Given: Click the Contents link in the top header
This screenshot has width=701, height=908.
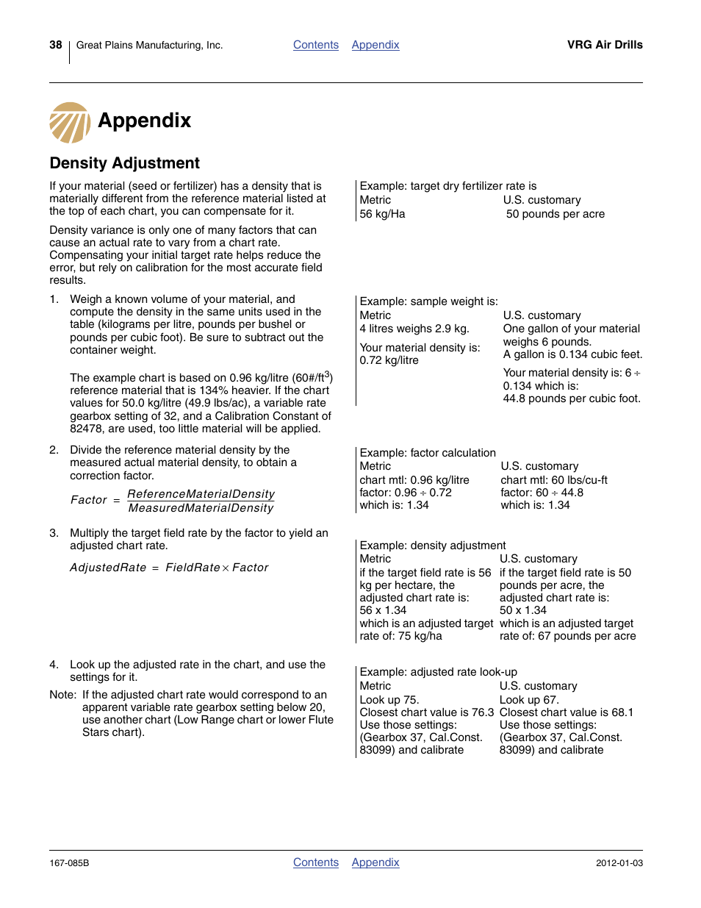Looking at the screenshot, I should pos(315,45).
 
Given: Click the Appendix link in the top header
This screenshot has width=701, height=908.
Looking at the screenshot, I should pos(375,45).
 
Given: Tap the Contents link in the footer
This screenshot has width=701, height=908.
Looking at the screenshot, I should pos(315,862).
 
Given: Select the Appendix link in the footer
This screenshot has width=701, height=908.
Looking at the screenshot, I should pos(375,862).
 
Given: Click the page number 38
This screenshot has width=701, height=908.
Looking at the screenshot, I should pos(56,45).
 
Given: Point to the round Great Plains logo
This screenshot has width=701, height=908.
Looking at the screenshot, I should pos(70,123).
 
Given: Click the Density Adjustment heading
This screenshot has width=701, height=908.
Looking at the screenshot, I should pos(124,163).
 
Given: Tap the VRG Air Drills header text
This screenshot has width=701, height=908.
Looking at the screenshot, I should pos(604,45).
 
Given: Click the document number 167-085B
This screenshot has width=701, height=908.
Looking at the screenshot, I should pos(69,863).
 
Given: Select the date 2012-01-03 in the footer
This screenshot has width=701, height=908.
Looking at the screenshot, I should pos(619,863).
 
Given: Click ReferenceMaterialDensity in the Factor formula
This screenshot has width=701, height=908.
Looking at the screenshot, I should pos(201,494).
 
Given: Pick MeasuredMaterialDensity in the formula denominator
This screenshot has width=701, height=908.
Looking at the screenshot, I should pos(201,508).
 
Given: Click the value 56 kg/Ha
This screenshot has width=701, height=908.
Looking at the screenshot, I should pos(382,214).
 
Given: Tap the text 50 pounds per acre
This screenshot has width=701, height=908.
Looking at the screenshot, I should pos(555,214).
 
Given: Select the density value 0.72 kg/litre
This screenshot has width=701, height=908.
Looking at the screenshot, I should pos(389,360).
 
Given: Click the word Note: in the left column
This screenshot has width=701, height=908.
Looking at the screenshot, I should pos(62,695).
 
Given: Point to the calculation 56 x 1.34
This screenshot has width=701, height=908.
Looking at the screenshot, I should pos(383,610).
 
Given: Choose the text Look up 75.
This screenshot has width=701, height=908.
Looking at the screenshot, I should pos(389,700).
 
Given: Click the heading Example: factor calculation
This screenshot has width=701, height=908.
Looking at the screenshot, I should pos(428,453).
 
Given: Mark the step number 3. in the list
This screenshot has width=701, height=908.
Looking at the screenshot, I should pos(54,533).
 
